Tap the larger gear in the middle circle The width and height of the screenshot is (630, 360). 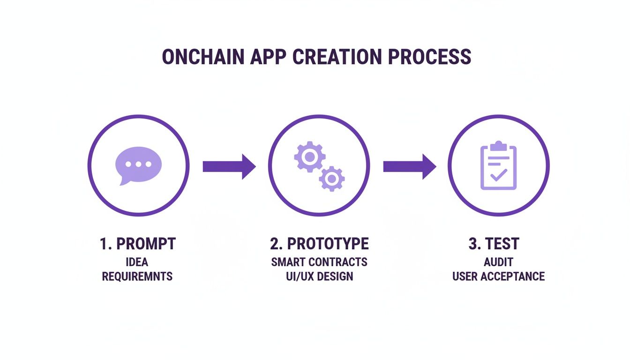click(309, 157)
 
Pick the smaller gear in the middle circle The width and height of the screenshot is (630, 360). click(332, 179)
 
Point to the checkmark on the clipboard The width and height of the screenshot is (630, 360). click(498, 175)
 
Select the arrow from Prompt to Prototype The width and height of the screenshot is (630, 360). click(229, 166)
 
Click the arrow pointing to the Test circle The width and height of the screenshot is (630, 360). click(409, 166)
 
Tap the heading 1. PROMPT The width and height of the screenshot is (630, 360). click(137, 244)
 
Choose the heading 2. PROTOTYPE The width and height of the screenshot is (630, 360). click(319, 244)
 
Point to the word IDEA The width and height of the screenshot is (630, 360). click(137, 262)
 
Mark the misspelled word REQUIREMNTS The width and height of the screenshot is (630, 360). click(137, 276)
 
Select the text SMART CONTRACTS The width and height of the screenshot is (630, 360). click(319, 262)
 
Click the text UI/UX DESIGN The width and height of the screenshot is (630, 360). click(319, 276)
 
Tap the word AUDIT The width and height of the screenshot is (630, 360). click(498, 262)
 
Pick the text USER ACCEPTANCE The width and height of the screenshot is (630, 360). click(498, 276)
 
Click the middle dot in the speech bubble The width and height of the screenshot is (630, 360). click(138, 165)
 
